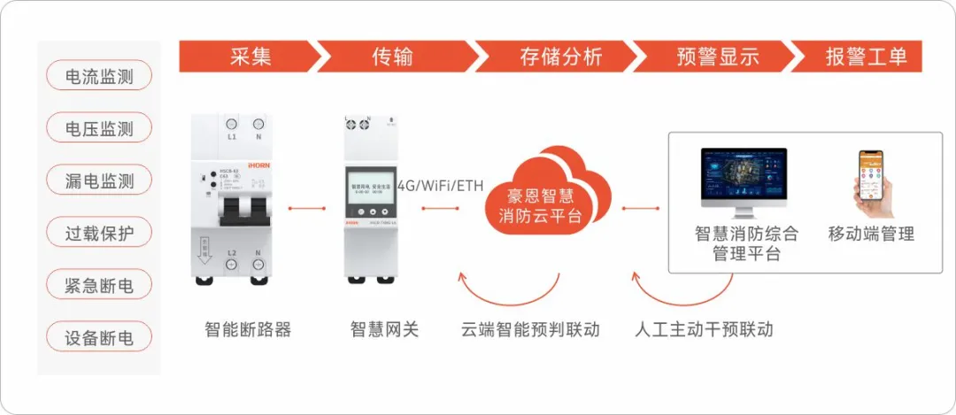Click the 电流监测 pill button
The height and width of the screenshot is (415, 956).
(x=99, y=76)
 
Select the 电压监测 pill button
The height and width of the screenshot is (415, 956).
(x=99, y=128)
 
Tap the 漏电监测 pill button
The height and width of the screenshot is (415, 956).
(x=99, y=181)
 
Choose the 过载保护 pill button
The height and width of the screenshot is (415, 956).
(x=99, y=233)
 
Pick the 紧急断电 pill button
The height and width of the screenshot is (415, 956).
(x=99, y=285)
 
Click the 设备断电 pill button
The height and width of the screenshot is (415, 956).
(x=99, y=337)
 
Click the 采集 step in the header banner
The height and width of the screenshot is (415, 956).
(x=250, y=57)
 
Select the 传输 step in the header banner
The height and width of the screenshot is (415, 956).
(x=392, y=57)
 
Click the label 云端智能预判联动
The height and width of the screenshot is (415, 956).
(x=530, y=330)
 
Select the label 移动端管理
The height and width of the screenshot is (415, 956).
(x=871, y=234)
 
